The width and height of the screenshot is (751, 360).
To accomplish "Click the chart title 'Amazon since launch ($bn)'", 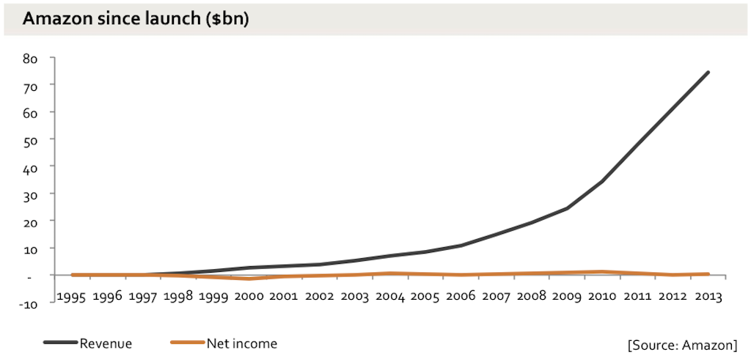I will (x=136, y=20).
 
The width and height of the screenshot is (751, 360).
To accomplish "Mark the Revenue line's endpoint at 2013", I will (x=708, y=72).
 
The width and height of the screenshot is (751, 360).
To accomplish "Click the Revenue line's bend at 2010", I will (x=602, y=181).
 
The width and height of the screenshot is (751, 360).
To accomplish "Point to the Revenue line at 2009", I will (x=567, y=208).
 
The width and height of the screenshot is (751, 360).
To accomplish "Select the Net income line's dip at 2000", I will (x=249, y=279).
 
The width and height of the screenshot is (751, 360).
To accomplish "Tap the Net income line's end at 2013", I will (x=708, y=273).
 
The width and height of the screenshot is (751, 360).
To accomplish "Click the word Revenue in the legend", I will (x=106, y=342).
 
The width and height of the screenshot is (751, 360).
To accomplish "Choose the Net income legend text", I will (x=242, y=342).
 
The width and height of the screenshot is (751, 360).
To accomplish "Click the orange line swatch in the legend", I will (x=186, y=342).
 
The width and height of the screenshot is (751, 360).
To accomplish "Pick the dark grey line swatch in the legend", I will (x=59, y=342).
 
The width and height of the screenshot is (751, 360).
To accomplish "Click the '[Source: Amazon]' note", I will (x=682, y=345).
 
